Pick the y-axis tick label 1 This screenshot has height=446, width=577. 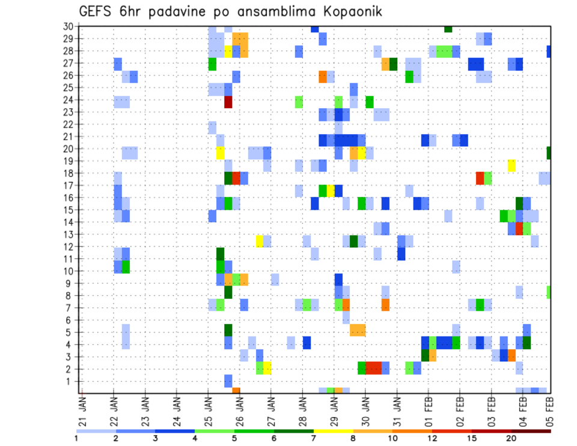pyautogui.click(x=69, y=381)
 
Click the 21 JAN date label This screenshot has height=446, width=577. pyautogui.click(x=83, y=409)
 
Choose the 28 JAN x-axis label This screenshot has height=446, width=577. pyautogui.click(x=302, y=409)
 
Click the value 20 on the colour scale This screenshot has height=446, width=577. pyautogui.click(x=511, y=438)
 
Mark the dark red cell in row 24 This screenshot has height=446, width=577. pyautogui.click(x=228, y=102)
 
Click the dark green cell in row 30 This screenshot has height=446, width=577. pyautogui.click(x=448, y=29)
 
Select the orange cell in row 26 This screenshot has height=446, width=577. pyautogui.click(x=323, y=77)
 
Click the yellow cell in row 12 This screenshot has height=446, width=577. pyautogui.click(x=260, y=241)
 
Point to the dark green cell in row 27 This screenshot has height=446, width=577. pyautogui.click(x=393, y=64)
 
